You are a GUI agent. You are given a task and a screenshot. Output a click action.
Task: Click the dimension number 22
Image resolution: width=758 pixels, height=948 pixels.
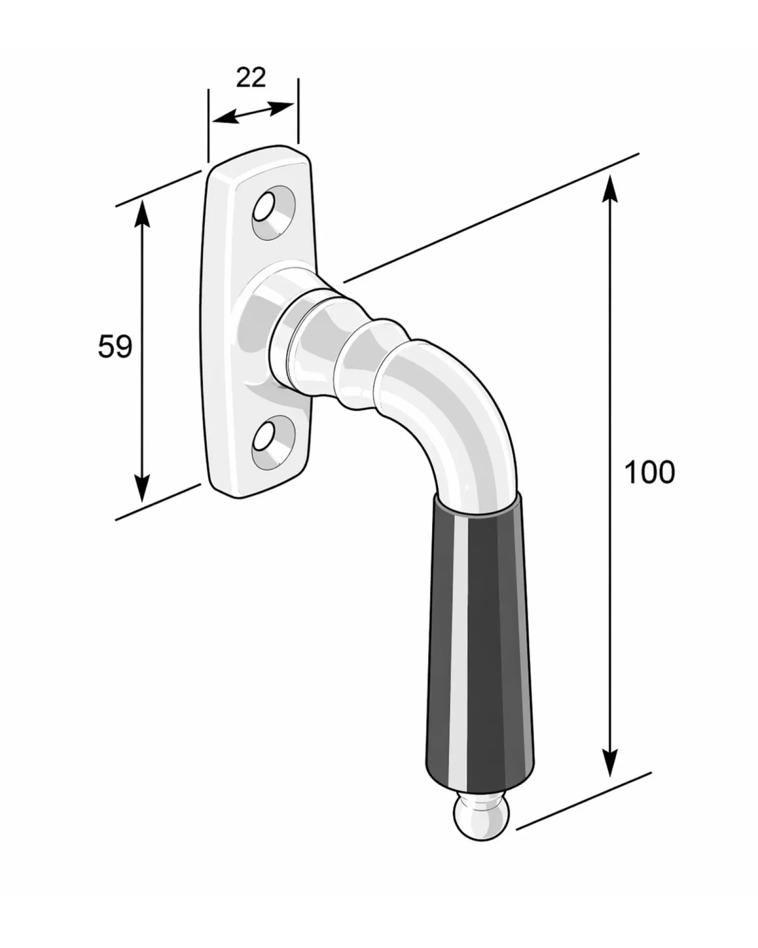(x=251, y=78)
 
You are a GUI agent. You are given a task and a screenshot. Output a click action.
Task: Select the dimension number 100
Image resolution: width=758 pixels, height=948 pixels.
(x=650, y=472)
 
